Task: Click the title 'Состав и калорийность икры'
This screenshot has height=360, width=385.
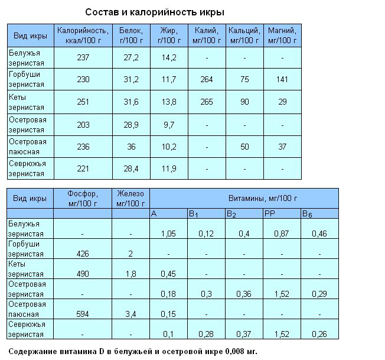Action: click(155, 12)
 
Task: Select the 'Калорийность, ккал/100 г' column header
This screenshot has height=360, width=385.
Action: click(83, 35)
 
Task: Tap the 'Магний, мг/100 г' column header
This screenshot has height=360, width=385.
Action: click(282, 35)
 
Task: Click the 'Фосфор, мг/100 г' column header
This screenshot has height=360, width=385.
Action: click(83, 198)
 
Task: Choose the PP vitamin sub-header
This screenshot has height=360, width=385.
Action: click(270, 213)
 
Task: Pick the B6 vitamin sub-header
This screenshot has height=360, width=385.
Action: click(307, 213)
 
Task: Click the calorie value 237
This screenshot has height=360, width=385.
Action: click(83, 57)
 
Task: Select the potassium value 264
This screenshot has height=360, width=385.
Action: click(207, 80)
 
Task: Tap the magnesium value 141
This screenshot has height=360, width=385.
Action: click(282, 80)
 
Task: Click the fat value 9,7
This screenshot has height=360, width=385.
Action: click(168, 125)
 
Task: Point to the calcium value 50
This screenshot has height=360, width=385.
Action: click(244, 147)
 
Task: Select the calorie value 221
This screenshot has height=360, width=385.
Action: click(83, 169)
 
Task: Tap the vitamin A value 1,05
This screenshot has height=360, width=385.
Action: click(169, 234)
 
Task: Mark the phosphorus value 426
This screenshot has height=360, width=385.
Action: click(83, 254)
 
